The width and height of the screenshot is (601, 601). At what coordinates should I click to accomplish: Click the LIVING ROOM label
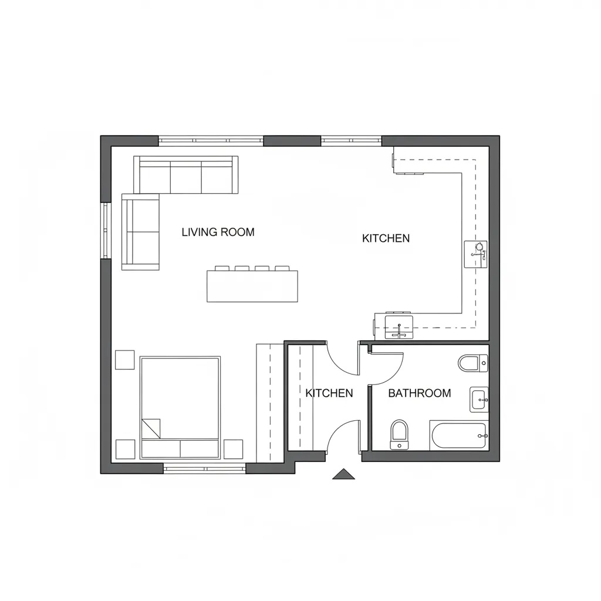(x=218, y=232)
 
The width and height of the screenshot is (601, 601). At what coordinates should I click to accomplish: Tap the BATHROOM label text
(x=419, y=393)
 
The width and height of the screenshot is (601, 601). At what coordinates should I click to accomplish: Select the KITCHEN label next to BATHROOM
(x=329, y=393)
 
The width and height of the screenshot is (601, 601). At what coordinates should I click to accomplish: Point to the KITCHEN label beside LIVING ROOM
(x=386, y=238)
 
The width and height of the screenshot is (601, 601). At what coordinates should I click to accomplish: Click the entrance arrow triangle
(x=343, y=474)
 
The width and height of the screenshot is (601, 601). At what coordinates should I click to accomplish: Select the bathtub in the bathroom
(x=459, y=435)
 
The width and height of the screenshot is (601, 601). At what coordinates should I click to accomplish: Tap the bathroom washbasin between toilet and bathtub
(x=479, y=399)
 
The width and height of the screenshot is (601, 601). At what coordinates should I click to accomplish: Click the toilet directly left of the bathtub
(x=399, y=434)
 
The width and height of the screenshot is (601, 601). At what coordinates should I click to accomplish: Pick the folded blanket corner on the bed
(x=151, y=428)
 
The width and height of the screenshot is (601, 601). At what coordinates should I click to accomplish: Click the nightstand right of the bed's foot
(x=233, y=449)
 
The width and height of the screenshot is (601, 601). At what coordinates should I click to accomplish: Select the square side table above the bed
(x=125, y=360)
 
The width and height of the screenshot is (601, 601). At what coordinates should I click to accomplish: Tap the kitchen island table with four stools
(x=252, y=286)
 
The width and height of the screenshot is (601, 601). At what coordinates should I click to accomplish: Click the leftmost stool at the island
(x=221, y=268)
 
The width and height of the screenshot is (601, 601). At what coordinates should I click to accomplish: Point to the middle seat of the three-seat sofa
(x=186, y=177)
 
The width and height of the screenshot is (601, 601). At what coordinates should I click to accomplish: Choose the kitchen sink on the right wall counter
(x=475, y=254)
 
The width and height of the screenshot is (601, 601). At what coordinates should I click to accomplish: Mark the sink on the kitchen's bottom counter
(x=399, y=327)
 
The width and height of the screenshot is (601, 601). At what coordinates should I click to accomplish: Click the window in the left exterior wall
(x=106, y=230)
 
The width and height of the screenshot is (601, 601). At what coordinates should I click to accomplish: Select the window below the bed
(x=205, y=468)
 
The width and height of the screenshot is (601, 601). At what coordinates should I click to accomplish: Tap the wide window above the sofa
(x=211, y=141)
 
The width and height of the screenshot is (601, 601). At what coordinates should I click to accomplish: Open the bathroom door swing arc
(x=395, y=374)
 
